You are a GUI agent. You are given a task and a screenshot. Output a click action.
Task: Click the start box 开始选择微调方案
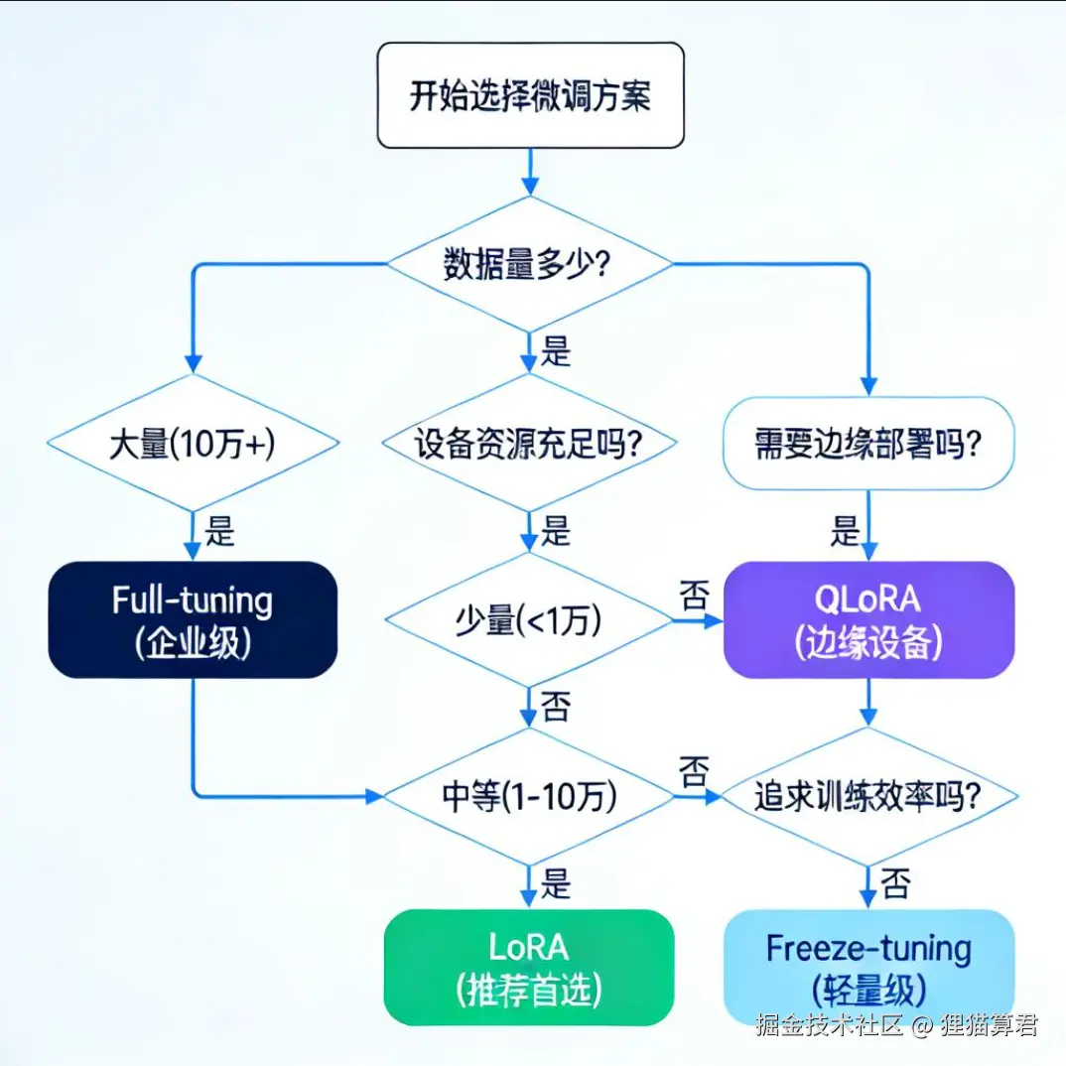pos(530,95)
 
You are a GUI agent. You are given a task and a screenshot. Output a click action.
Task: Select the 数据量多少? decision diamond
pos(529,264)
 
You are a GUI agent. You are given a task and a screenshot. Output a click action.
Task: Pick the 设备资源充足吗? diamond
pos(529,443)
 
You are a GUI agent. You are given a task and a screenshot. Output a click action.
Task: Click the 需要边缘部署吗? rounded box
pos(868,443)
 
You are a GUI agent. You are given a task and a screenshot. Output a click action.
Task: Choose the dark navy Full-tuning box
pos(192,619)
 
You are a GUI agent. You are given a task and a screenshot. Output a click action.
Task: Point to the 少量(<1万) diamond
pos(529,621)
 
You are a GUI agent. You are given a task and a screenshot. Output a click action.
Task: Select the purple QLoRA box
pos(868,619)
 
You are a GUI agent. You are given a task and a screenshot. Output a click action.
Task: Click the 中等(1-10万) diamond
pos(529,796)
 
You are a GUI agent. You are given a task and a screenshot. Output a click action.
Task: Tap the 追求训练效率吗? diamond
pos(868,796)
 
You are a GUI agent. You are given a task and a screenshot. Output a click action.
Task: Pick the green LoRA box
pos(529,967)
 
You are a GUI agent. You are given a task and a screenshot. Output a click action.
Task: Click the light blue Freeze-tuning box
pos(868,967)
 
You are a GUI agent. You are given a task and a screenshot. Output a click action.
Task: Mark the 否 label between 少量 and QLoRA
pos(694,597)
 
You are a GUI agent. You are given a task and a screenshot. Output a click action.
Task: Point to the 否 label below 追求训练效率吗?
pos(894,882)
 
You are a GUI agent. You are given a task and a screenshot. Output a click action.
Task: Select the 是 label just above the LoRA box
pos(556,882)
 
